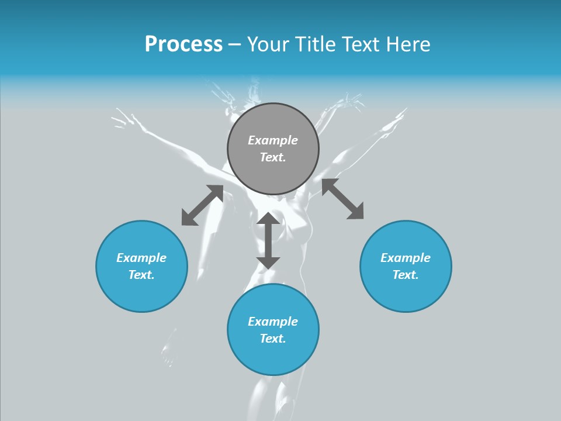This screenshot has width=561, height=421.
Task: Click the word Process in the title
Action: [x=183, y=44]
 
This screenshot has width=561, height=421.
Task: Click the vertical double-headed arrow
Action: [x=268, y=240]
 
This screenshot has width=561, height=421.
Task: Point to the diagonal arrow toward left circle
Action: [x=202, y=205]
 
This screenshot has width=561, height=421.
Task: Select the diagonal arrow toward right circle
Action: [x=343, y=199]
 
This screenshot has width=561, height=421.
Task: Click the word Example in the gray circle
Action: [x=273, y=140]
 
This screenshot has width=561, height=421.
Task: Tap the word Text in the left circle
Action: [x=141, y=275]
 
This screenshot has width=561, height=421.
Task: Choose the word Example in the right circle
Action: [x=406, y=258]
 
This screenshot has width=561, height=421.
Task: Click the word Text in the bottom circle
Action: [x=273, y=339]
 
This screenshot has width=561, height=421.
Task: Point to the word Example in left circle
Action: [x=141, y=258]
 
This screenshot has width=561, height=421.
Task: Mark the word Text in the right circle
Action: [x=406, y=275]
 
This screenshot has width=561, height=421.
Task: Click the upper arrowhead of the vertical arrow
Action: [x=268, y=219]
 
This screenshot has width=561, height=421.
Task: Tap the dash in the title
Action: [x=235, y=44]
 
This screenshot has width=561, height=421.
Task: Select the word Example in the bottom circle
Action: [x=273, y=322]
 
